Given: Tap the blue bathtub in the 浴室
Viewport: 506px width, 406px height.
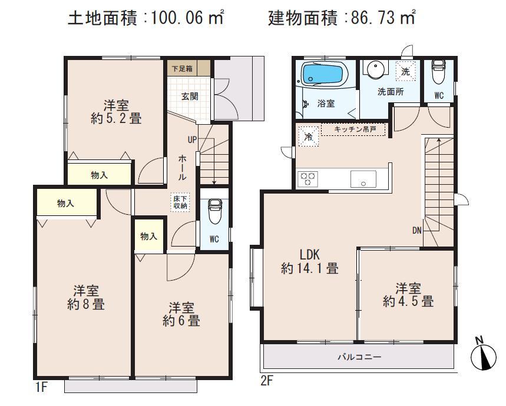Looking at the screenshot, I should click(x=322, y=76).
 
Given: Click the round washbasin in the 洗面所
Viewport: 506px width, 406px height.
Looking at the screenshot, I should click(x=373, y=70).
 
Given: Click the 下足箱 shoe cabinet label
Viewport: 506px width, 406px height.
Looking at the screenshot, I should click(x=181, y=68).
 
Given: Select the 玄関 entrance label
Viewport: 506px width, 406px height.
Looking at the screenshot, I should click(x=188, y=95).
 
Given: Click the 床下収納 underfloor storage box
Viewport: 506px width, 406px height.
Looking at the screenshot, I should click(x=180, y=202).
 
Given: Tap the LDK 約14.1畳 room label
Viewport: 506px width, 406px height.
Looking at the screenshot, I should click(x=309, y=262).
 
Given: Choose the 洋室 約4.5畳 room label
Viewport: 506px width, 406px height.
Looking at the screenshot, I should click(x=408, y=295).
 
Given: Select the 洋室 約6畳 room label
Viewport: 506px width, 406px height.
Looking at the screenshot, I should click(x=181, y=314).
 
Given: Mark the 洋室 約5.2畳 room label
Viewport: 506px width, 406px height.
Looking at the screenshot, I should click(x=115, y=112).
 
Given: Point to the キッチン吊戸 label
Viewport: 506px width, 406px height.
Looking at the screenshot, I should click(x=352, y=129).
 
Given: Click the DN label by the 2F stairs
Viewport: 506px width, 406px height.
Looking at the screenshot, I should click(x=416, y=231).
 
